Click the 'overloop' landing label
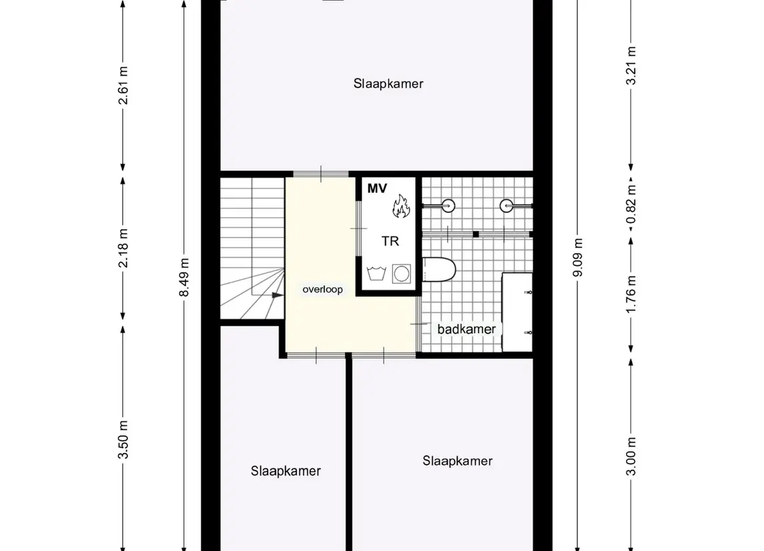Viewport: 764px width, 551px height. pyautogui.click(x=322, y=290)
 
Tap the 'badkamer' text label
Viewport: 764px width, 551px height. pyautogui.click(x=466, y=329)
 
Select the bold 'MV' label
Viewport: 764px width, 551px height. pyautogui.click(x=377, y=188)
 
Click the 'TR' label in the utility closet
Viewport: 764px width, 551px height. pyautogui.click(x=390, y=241)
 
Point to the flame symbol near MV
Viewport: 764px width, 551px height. pyautogui.click(x=402, y=206)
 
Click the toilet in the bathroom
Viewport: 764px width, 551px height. pyautogui.click(x=438, y=270)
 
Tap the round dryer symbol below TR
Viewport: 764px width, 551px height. pyautogui.click(x=402, y=274)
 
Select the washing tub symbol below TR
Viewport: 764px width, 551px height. pyautogui.click(x=376, y=274)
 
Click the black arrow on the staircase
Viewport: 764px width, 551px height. pyautogui.click(x=278, y=295)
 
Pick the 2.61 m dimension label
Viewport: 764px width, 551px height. pyautogui.click(x=123, y=85)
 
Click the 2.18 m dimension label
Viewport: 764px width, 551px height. pyautogui.click(x=123, y=248)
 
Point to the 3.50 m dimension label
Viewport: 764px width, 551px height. pyautogui.click(x=123, y=439)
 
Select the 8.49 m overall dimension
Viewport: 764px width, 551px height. pyautogui.click(x=184, y=277)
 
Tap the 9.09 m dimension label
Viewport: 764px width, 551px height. pyautogui.click(x=578, y=257)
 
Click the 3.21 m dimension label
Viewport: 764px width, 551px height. pyautogui.click(x=631, y=65)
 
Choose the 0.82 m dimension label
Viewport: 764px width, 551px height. pyautogui.click(x=631, y=204)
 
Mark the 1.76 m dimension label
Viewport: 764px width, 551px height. pyautogui.click(x=631, y=295)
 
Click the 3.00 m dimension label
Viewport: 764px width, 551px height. pyautogui.click(x=631, y=456)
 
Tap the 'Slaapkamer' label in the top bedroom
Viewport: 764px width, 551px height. pyautogui.click(x=388, y=83)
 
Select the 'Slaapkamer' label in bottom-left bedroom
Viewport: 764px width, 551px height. pyautogui.click(x=286, y=471)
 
